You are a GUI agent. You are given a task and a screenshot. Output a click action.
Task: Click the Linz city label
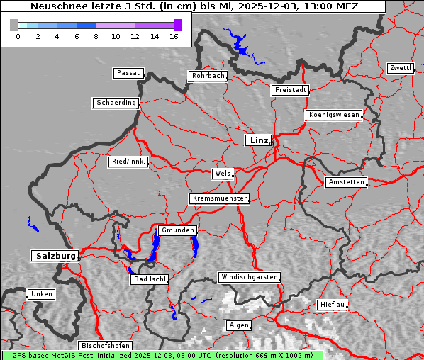(x=259, y=140)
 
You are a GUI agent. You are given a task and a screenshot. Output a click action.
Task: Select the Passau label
(x=128, y=73)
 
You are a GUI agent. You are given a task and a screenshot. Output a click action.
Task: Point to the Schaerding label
(x=116, y=103)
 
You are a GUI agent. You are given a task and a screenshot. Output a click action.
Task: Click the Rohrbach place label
(x=207, y=76)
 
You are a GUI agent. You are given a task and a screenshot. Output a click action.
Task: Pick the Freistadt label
(x=290, y=90)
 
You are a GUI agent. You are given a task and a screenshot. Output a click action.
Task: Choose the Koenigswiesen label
(x=334, y=115)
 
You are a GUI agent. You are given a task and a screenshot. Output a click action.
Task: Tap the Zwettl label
(x=400, y=68)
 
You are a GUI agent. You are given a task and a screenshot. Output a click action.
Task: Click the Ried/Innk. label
(x=128, y=162)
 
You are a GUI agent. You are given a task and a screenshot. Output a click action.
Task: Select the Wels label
(x=222, y=174)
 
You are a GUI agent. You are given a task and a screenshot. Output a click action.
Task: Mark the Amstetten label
(x=346, y=182)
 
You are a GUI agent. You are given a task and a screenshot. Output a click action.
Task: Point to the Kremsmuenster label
(x=220, y=198)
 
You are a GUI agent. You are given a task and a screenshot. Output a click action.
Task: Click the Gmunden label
(x=177, y=230)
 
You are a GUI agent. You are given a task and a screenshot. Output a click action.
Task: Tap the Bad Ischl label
(x=150, y=279)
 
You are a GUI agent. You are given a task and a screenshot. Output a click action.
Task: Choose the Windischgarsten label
(x=249, y=277)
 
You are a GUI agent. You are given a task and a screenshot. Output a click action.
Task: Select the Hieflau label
(x=333, y=304)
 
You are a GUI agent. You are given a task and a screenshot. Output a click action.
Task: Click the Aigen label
(x=238, y=325)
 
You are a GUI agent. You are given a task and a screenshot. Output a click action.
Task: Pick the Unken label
(x=41, y=293)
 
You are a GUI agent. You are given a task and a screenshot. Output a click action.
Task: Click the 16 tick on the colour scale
(x=174, y=35)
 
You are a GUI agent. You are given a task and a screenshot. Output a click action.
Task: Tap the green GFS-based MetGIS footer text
(x=162, y=355)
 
